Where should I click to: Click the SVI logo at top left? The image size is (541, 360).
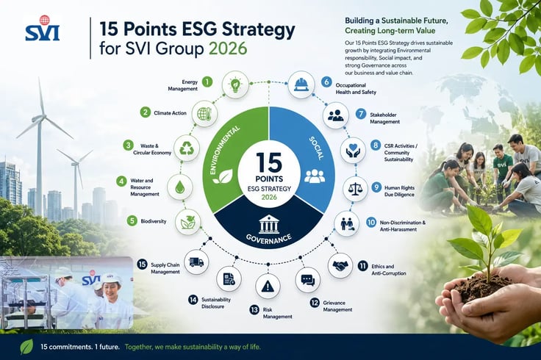pyautogui.click(x=42, y=28)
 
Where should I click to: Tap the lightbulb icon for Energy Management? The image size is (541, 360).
pyautogui.click(x=235, y=84)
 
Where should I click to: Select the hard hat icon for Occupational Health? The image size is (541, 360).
pyautogui.click(x=301, y=84)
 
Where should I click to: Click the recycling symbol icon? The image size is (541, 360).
pyautogui.click(x=187, y=148)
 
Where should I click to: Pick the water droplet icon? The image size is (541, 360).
pyautogui.click(x=180, y=187)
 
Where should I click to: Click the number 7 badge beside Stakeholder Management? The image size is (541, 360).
pyautogui.click(x=361, y=114)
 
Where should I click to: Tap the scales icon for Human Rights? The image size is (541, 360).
pyautogui.click(x=355, y=189)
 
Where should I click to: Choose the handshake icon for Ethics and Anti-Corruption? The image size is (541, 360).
pyautogui.click(x=340, y=265)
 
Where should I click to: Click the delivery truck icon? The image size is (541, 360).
pyautogui.click(x=196, y=262)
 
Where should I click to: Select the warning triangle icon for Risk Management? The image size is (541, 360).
pyautogui.click(x=268, y=286)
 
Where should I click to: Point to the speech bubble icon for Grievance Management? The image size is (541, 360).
pyautogui.click(x=308, y=280)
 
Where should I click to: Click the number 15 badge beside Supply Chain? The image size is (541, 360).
pyautogui.click(x=142, y=264)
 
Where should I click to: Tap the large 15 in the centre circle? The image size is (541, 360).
pyautogui.click(x=269, y=163)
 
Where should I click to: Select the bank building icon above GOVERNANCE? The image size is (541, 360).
pyautogui.click(x=270, y=224)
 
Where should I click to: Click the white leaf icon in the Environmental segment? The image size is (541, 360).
pyautogui.click(x=223, y=176)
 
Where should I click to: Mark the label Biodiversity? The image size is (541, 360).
pyautogui.click(x=154, y=221)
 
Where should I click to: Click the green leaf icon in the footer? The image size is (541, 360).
pyautogui.click(x=26, y=347)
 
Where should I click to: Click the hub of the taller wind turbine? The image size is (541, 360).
pyautogui.click(x=40, y=118)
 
